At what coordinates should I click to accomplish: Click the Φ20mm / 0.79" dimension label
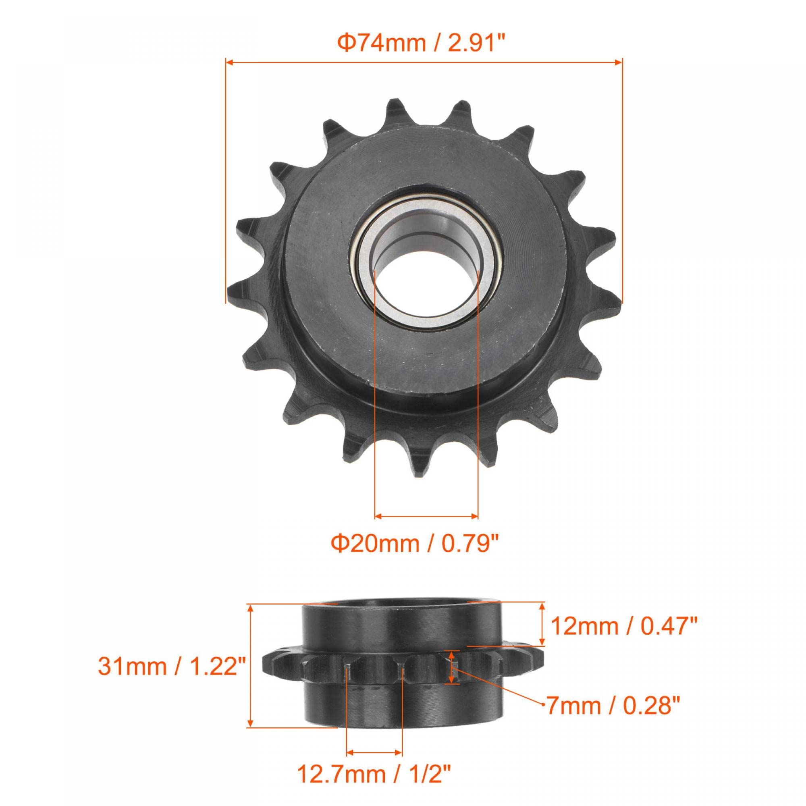(x=415, y=544)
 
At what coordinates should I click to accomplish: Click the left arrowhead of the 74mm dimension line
(x=229, y=62)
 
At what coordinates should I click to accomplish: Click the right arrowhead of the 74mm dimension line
(x=618, y=62)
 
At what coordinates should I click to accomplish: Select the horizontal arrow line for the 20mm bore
(x=426, y=517)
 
